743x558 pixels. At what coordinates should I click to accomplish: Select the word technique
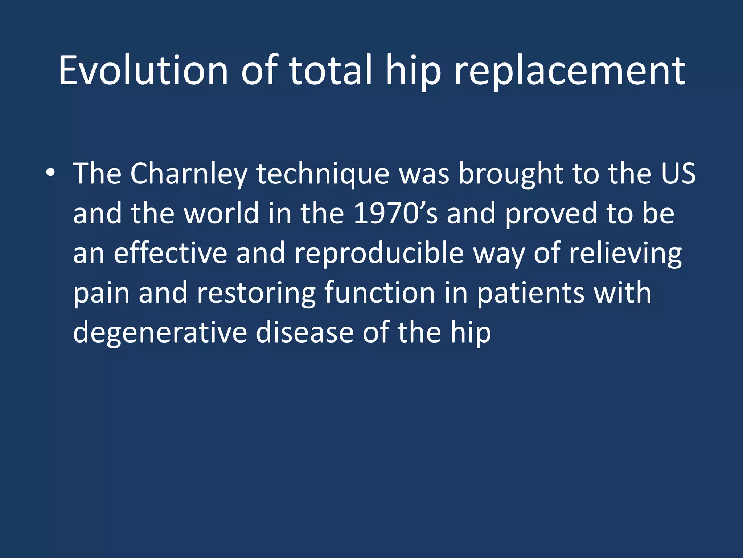point(323,174)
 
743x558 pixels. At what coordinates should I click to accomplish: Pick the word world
point(221,214)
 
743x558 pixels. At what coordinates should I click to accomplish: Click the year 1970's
point(395,214)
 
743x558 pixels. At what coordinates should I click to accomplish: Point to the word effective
point(170,253)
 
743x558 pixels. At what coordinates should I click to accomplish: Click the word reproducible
point(379,253)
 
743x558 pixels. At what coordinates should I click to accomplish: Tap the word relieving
point(625,253)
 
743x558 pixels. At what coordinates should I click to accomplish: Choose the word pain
point(101,293)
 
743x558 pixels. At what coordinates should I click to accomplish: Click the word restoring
point(256,293)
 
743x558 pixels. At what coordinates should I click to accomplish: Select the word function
point(379,293)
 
